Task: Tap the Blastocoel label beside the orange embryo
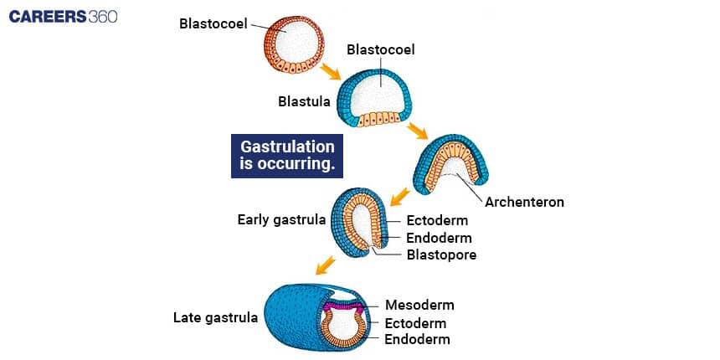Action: tap(213, 23)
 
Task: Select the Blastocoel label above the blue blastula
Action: tap(381, 49)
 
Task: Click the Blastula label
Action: tap(304, 101)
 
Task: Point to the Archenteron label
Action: tap(525, 202)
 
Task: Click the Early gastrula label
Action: tap(281, 220)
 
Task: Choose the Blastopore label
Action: tap(441, 255)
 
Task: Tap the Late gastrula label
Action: tap(215, 317)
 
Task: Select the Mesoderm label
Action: tap(419, 305)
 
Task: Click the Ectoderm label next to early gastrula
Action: tap(437, 221)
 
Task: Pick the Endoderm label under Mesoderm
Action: tap(417, 339)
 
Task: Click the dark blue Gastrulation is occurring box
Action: tap(287, 155)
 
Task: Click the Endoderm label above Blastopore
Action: tap(438, 238)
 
